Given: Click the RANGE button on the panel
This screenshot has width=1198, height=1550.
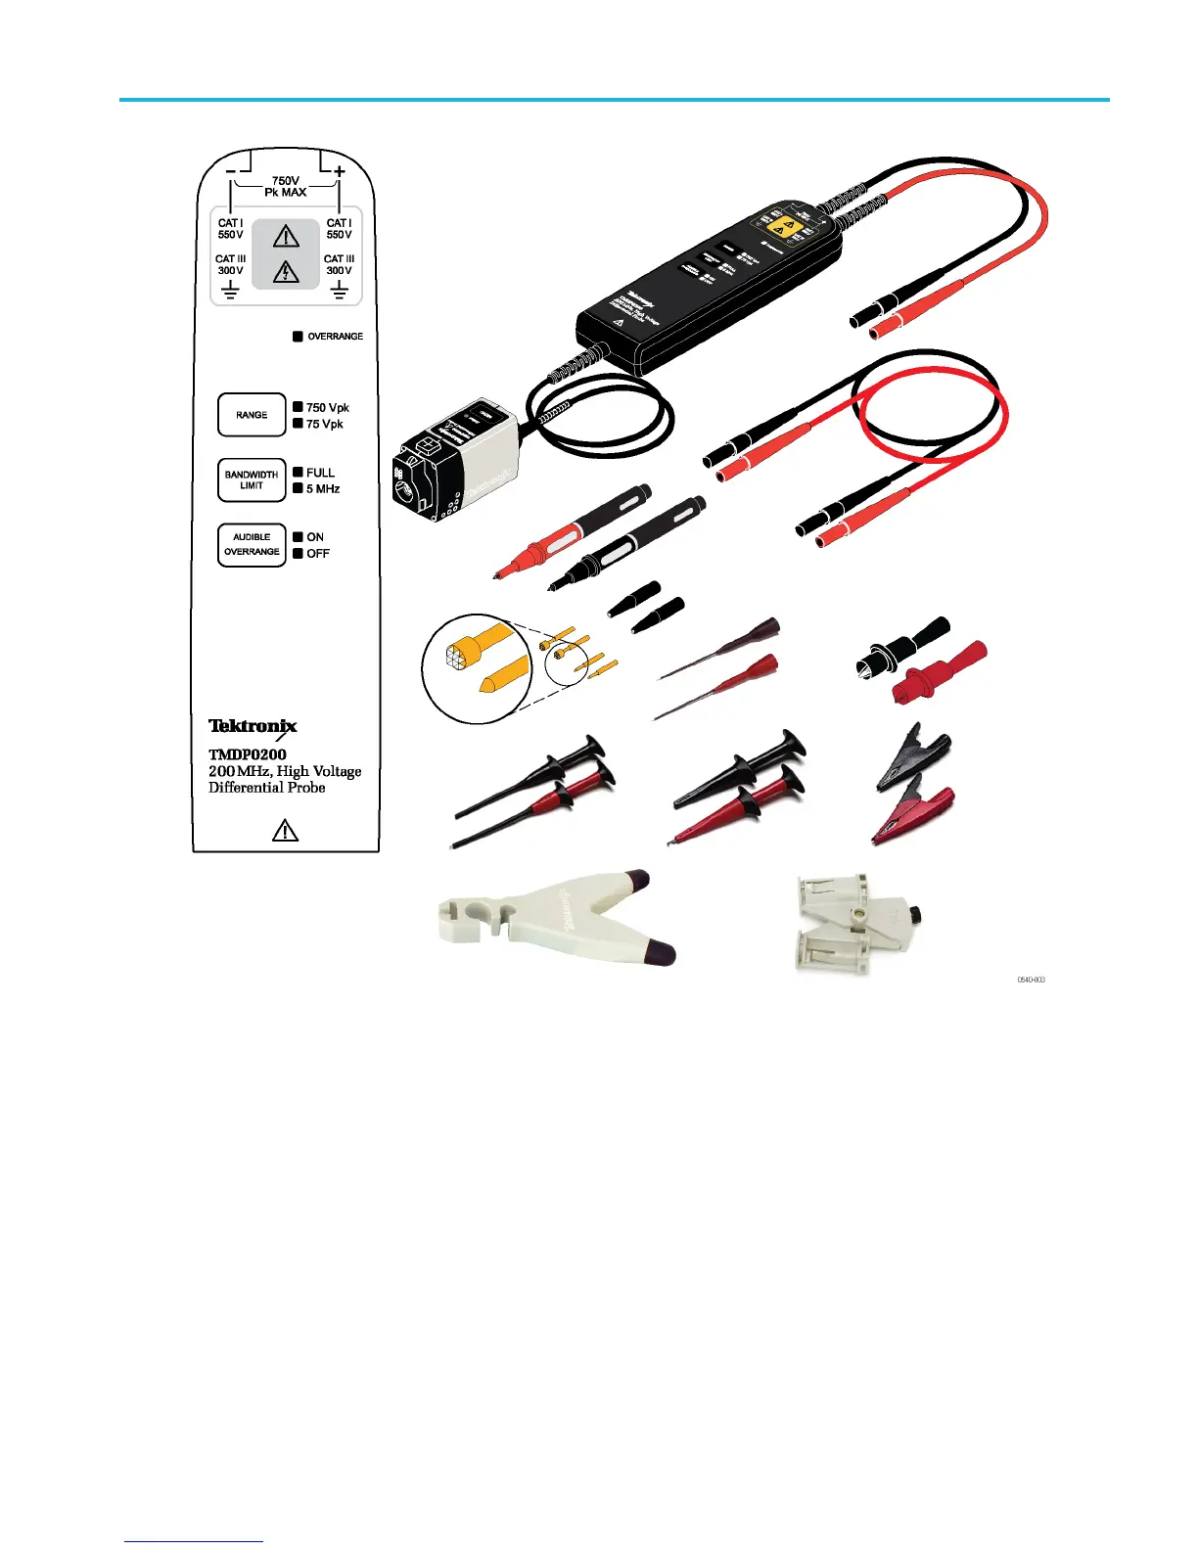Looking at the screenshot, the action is coord(252,415).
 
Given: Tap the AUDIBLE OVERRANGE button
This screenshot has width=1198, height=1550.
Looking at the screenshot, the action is coord(252,545).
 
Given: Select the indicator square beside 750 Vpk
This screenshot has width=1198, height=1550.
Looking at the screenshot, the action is coord(299,407).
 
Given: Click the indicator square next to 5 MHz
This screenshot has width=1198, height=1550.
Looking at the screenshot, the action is coord(299,488).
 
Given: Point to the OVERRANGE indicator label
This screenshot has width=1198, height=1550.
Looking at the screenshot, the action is coord(335,337).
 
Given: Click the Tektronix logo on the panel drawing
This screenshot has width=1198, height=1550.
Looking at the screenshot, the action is coord(253,727).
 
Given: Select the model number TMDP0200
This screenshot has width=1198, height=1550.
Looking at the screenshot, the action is coord(248,754).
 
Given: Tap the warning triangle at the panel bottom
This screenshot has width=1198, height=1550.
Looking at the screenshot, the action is coord(285,832).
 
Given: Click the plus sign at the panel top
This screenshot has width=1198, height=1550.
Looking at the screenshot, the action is coord(340,171).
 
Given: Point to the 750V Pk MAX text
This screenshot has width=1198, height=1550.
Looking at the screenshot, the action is coord(285,187).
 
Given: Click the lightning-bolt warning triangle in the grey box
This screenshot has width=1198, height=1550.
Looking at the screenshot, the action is coord(286,271).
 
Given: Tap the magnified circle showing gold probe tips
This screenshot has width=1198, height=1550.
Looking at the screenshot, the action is coord(477,668).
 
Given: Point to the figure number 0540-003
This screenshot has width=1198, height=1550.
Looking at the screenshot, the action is coord(1032,980).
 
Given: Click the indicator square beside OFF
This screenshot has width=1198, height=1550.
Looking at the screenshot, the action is coord(299,553).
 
